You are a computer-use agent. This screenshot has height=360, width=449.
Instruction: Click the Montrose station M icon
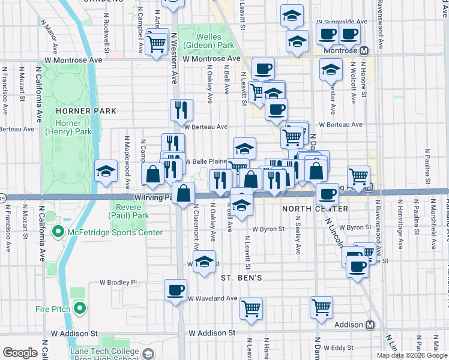[x=364, y=50]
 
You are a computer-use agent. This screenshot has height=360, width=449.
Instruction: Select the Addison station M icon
[x=370, y=325]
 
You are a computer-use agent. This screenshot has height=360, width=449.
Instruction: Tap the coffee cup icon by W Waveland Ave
[x=176, y=290]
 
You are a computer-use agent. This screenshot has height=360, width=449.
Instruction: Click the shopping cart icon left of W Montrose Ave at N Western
[x=156, y=43]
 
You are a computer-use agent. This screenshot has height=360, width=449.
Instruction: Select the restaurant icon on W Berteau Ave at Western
[x=181, y=110]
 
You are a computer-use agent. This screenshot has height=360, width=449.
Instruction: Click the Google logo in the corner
[x=20, y=353]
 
